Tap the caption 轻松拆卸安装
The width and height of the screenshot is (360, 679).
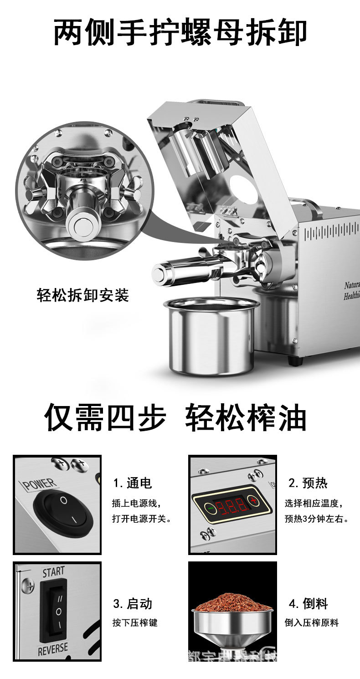(83, 295)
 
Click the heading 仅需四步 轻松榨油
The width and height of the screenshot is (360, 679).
(175, 417)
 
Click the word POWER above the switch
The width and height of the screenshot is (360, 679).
(39, 484)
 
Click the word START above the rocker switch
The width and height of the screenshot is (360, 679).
(53, 571)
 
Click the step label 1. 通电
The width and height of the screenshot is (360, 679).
(133, 483)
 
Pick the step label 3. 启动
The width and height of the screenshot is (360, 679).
(133, 604)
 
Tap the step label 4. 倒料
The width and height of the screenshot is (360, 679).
(308, 604)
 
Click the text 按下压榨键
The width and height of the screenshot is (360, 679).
(135, 622)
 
